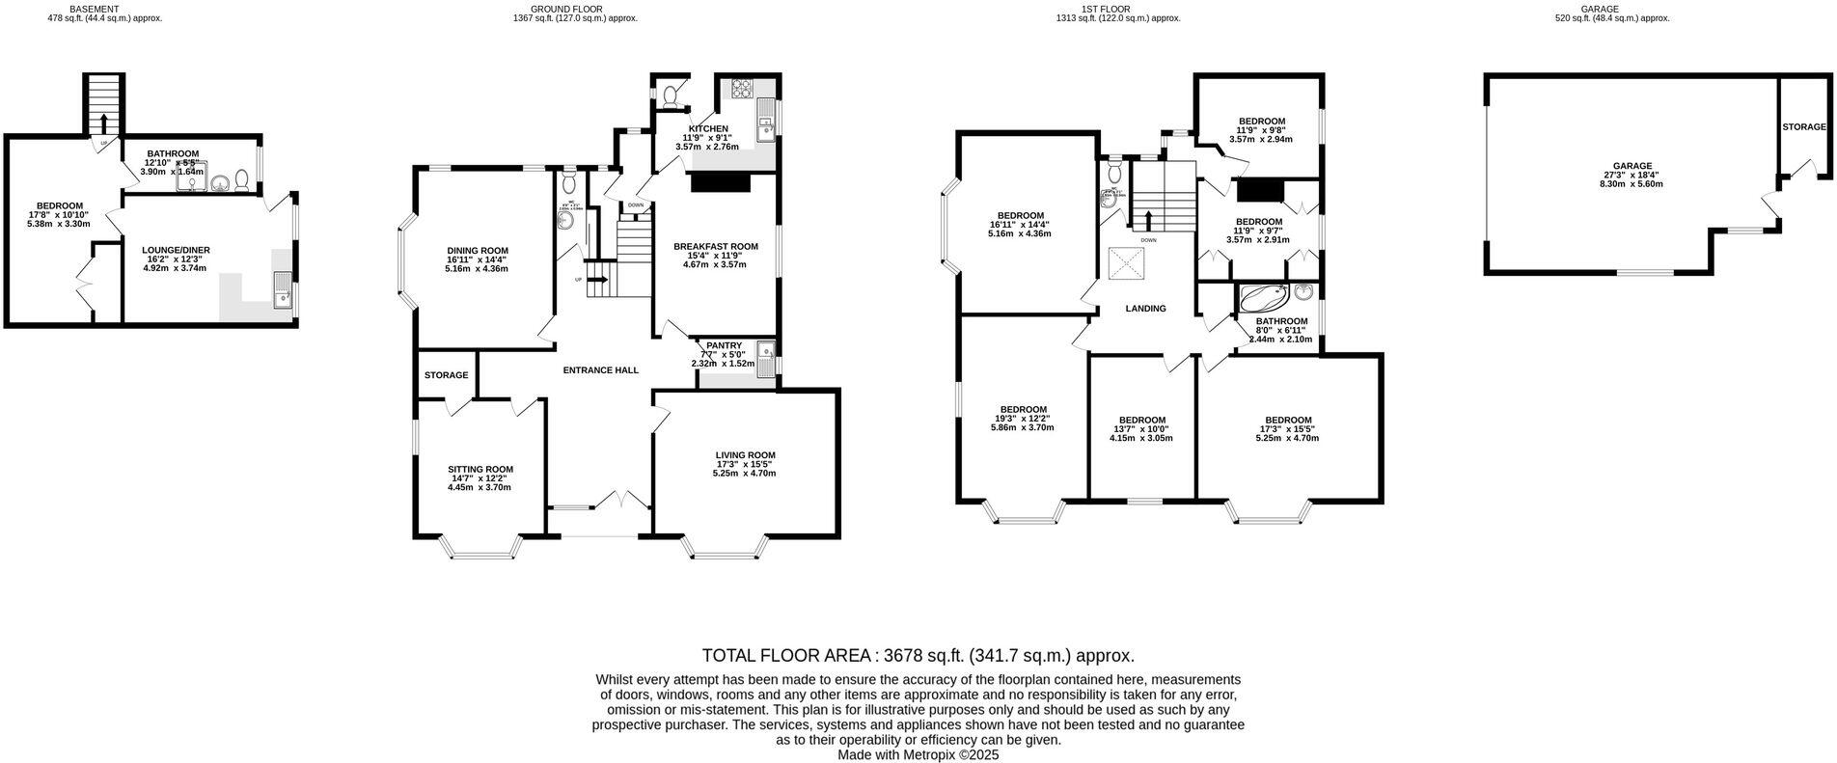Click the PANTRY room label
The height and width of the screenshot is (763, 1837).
click(x=724, y=345)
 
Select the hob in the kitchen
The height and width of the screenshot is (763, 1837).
click(x=744, y=90)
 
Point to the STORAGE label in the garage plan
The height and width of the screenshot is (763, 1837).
click(x=1803, y=126)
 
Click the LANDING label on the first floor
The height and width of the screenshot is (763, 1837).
click(x=1145, y=309)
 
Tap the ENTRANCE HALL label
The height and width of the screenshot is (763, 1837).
click(x=600, y=370)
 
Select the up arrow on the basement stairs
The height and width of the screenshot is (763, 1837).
click(x=103, y=123)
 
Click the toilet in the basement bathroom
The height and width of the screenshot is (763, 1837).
click(x=242, y=179)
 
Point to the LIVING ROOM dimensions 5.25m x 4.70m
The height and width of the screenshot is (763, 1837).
click(x=744, y=474)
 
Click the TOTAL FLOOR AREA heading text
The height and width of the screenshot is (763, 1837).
click(x=918, y=655)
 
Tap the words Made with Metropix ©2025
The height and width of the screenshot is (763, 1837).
click(x=918, y=755)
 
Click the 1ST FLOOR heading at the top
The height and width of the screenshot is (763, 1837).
click(x=1117, y=9)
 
